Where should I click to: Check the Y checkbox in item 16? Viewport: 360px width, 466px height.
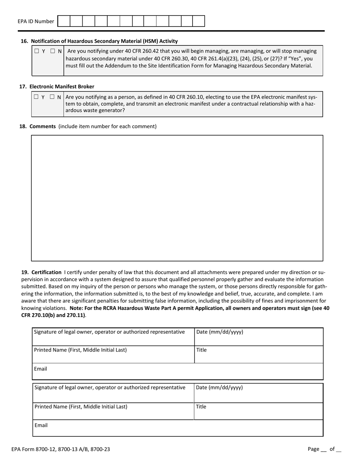coord(37,51)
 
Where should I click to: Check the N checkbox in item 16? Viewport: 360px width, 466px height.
coord(53,51)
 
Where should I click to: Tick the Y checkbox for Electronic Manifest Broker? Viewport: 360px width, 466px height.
coord(36,97)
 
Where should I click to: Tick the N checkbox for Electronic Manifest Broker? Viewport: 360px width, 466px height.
coord(52,97)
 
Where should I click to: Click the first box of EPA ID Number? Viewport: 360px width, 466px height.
coord(64,21)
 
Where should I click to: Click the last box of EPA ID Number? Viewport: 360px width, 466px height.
coord(199,21)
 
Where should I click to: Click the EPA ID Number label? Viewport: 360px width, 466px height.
coord(36,22)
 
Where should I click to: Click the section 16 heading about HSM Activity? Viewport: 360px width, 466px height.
coord(104,41)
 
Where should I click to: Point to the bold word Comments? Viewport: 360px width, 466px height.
coord(42,126)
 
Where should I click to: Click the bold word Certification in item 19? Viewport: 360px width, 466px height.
coord(46,272)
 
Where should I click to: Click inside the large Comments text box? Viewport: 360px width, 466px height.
coord(177,198)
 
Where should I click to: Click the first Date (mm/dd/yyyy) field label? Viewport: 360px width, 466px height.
coord(219,332)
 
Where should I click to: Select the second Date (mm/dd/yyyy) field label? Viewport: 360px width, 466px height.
coord(219,388)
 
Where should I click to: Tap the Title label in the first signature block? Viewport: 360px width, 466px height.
coord(201,350)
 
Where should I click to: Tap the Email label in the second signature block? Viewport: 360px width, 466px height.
coord(41,425)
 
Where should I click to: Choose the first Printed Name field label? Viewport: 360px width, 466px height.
coord(80,350)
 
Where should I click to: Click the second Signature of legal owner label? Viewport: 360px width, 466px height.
coord(110,388)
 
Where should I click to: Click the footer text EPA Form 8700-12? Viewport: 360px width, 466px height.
coord(61,449)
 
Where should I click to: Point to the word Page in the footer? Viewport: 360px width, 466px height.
coord(313,449)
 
